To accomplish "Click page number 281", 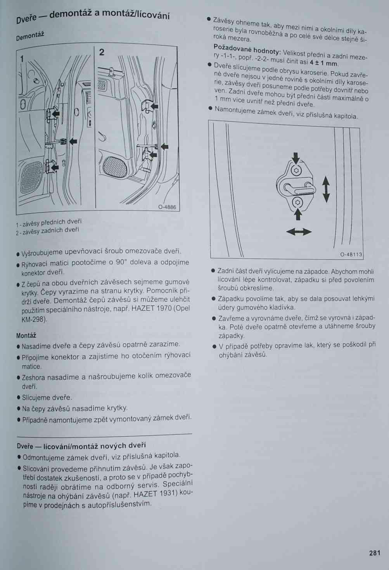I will coord(374,553).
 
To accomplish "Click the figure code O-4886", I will coord(167,207).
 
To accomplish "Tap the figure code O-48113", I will coord(351,255).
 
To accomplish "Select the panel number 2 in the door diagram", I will coord(102,52).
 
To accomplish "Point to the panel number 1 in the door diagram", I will coord(22,59).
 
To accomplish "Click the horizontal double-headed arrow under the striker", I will coord(299,232).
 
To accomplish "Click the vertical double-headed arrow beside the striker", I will coord(326,189).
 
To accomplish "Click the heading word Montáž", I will coord(26,335).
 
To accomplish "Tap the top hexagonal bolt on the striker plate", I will coord(296,171).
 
